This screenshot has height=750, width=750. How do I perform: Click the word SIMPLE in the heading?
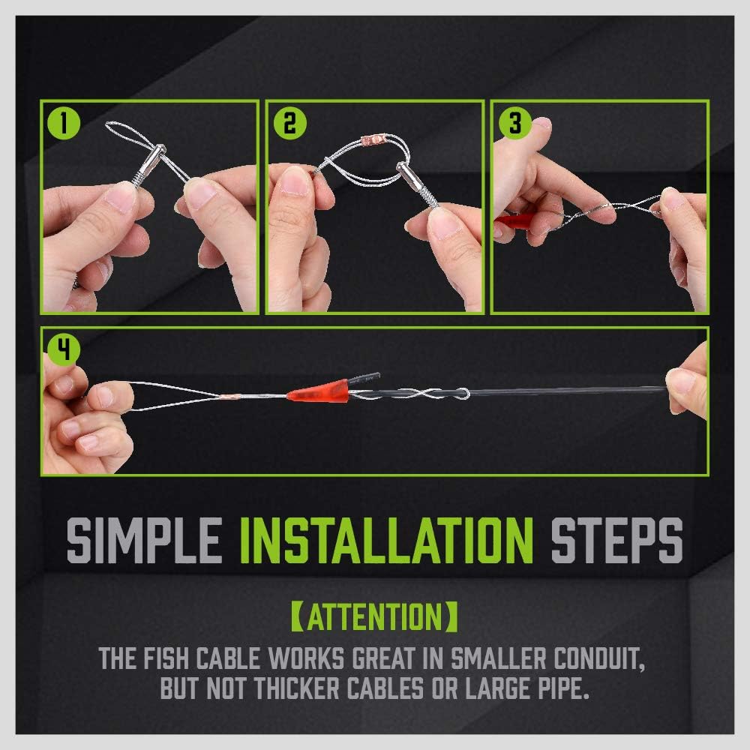[143, 538]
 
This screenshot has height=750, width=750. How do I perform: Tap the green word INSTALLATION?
[386, 538]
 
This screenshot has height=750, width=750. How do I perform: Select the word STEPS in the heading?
[616, 538]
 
